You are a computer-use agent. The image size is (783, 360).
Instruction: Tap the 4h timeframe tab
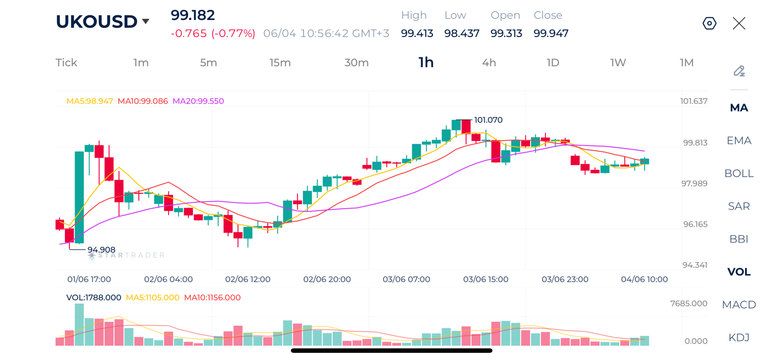point(488,63)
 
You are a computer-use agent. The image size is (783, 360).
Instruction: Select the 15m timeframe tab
point(280,63)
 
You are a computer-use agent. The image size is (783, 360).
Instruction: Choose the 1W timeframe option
point(618,63)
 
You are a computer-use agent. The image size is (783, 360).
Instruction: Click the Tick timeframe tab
point(66,63)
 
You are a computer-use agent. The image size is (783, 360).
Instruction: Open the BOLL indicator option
point(739,173)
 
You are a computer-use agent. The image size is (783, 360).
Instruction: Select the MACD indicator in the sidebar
point(739,304)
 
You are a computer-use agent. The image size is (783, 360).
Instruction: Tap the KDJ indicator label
point(739,337)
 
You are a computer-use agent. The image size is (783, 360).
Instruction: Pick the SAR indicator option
point(739,206)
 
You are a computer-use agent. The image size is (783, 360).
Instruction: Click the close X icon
point(739,23)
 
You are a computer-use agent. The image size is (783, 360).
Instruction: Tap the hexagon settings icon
point(709,23)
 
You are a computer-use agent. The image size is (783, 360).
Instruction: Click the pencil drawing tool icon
point(739,71)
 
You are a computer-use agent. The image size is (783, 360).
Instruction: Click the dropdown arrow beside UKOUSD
point(146,21)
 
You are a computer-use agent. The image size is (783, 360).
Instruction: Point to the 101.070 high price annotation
point(488,120)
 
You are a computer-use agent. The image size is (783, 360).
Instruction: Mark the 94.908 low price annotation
point(101,249)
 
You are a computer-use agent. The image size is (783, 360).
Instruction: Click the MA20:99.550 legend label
point(198,101)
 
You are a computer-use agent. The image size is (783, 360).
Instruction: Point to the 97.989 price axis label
point(694,183)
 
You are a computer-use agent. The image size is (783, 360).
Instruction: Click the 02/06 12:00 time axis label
point(247,279)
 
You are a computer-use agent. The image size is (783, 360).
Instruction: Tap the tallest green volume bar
point(79,324)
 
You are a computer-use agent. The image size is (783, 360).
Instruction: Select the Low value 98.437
point(462,33)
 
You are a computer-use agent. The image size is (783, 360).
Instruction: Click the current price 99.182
point(193,15)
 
